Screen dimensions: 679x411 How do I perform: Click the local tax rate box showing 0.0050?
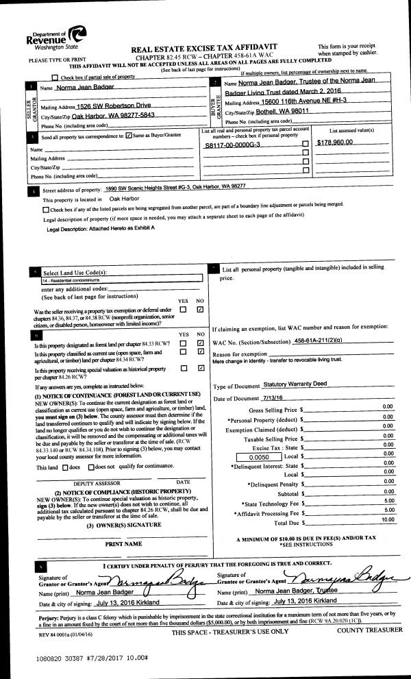tap(262, 456)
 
